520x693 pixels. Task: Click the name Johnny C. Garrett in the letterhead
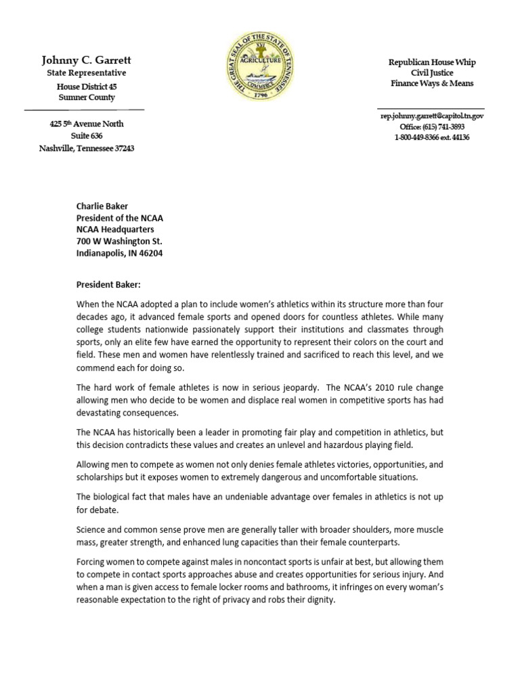tap(86, 60)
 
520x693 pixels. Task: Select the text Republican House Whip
tap(431, 62)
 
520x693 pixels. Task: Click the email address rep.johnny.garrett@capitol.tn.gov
tap(431, 116)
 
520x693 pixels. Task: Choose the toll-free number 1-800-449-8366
tap(422, 137)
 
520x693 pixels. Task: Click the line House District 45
tap(86, 85)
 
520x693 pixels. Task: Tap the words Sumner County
tap(86, 97)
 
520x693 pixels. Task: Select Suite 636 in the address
tap(86, 136)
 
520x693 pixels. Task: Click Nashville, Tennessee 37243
tap(86, 148)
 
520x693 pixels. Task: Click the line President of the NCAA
tap(119, 218)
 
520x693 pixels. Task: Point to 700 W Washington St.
tap(118, 242)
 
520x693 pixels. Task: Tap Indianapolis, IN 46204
tap(118, 254)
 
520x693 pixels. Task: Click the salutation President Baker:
tap(108, 285)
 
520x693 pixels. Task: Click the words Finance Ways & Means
tap(431, 84)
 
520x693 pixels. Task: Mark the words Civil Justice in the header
tap(431, 73)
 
